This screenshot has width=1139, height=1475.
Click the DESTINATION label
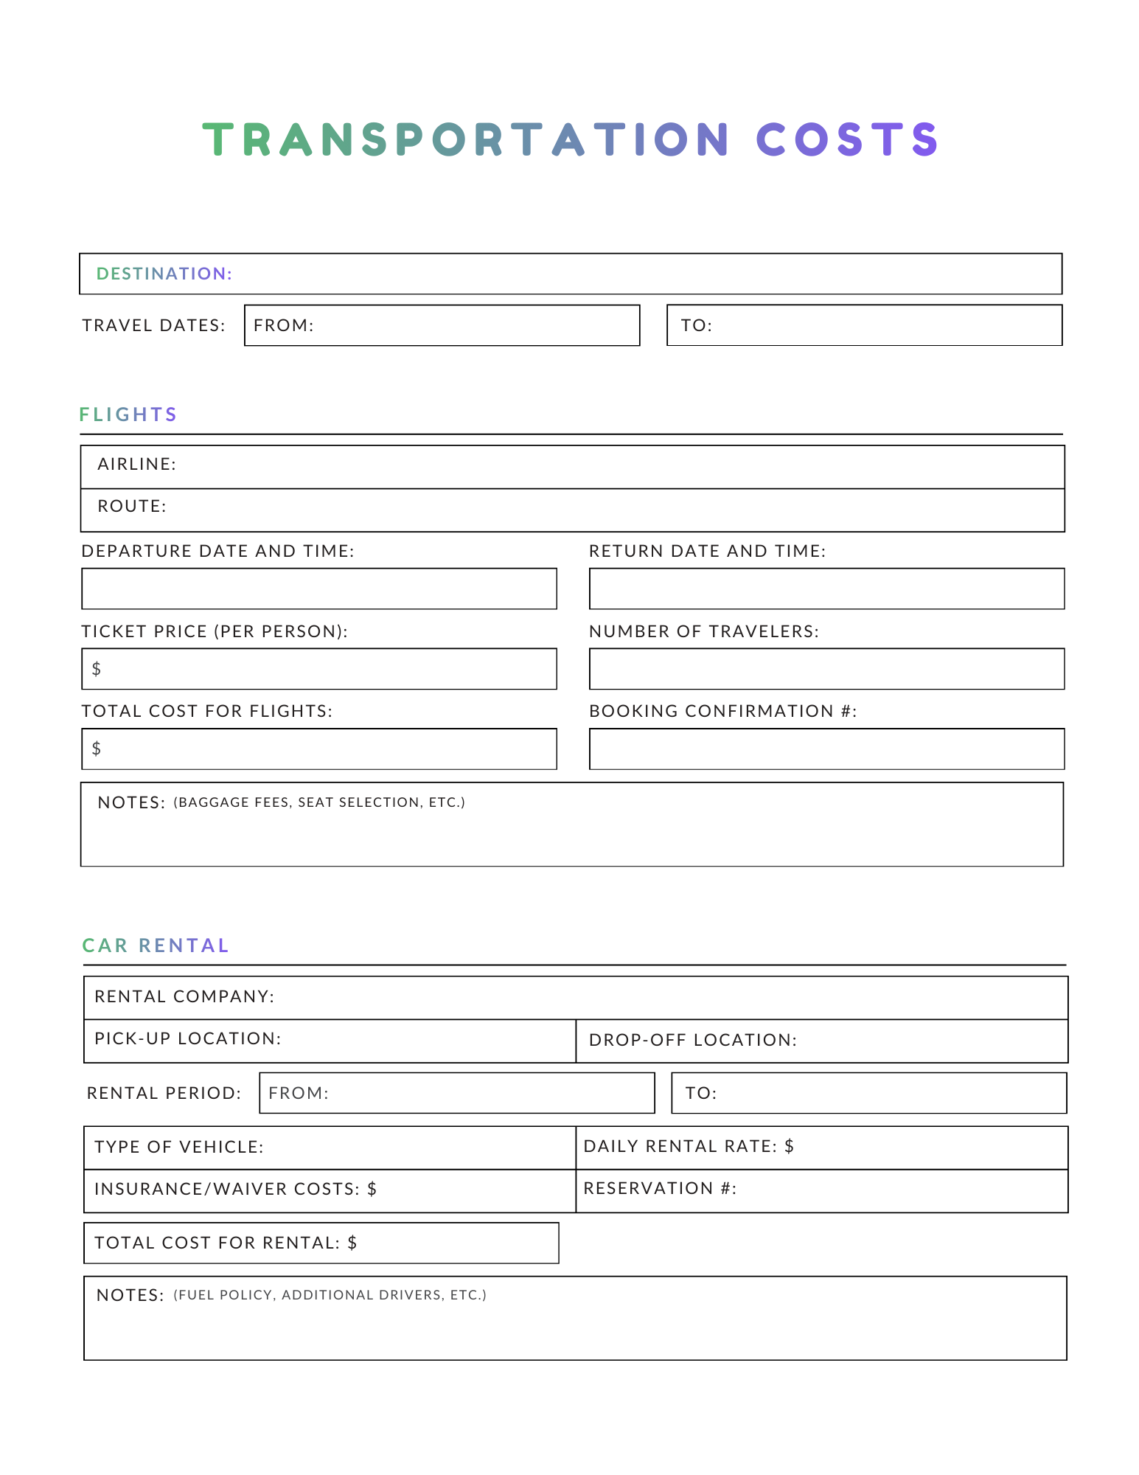coord(164,274)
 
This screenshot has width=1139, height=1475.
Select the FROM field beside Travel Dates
coord(442,325)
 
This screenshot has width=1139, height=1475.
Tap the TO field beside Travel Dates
coord(864,325)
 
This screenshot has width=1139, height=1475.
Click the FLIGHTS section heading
coord(128,414)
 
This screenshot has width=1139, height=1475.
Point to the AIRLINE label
coord(136,464)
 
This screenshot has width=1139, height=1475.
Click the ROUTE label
coord(132,506)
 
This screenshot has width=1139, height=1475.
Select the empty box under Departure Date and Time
coord(318,589)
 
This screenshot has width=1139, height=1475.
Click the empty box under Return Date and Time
coord(826,589)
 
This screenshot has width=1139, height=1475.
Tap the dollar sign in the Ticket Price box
coord(97,669)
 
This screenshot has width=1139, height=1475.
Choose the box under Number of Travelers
coord(826,669)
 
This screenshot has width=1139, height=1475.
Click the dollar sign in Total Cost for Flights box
coord(97,749)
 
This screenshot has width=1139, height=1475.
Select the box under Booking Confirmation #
coord(826,749)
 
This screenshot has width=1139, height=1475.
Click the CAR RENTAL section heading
coord(156,945)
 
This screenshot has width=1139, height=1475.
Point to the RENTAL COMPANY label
coord(184,996)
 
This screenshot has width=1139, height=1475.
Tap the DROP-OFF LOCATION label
coord(692,1040)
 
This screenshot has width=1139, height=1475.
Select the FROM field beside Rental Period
coord(456,1093)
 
